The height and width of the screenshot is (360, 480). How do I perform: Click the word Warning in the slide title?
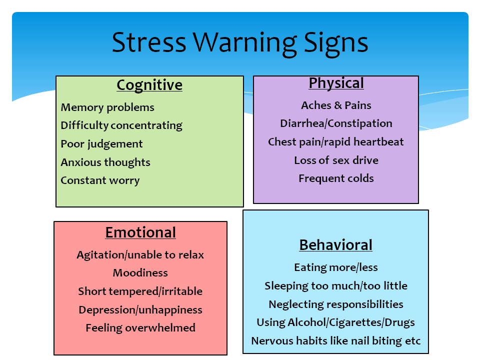click(244, 43)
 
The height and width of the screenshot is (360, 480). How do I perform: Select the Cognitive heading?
click(149, 85)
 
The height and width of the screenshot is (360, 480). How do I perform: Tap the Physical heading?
click(336, 83)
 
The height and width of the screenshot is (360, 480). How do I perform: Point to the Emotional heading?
click(140, 232)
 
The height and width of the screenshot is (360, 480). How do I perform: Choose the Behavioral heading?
click(336, 245)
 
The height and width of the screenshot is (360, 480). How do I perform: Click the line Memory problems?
click(107, 107)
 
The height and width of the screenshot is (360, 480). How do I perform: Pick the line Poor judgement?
click(101, 144)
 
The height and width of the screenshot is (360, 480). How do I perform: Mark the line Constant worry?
click(100, 180)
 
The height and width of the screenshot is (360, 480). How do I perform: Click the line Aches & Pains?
click(336, 105)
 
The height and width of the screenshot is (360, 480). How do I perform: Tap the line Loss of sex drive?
click(336, 160)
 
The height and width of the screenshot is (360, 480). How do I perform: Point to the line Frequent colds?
click(336, 178)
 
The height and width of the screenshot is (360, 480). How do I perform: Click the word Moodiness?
click(140, 273)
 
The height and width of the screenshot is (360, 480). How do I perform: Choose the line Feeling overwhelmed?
click(140, 328)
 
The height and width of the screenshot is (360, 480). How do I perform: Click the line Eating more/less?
click(336, 267)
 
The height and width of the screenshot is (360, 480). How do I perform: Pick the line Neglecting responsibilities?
click(336, 304)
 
